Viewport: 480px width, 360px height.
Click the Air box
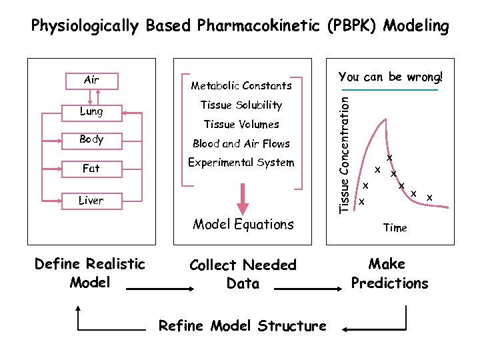point(91,80)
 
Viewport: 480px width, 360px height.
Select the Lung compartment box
point(91,111)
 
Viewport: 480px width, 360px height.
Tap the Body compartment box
point(91,140)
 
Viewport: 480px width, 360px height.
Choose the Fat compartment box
point(91,169)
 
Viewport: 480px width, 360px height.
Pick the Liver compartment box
point(91,200)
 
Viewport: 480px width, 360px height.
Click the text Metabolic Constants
point(241,85)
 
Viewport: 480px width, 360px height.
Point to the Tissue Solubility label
point(241,105)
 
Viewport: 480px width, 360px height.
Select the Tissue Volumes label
point(241,124)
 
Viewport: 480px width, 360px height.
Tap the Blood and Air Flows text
point(241,143)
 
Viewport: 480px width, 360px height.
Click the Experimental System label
point(241,163)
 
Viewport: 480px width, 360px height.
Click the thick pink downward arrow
point(243,199)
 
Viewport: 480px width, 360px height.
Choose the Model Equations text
point(243,225)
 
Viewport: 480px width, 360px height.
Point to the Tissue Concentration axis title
point(344,154)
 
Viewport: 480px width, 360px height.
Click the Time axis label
point(395,228)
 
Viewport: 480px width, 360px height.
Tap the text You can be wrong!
point(390,77)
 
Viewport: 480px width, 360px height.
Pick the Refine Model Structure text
point(243,326)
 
